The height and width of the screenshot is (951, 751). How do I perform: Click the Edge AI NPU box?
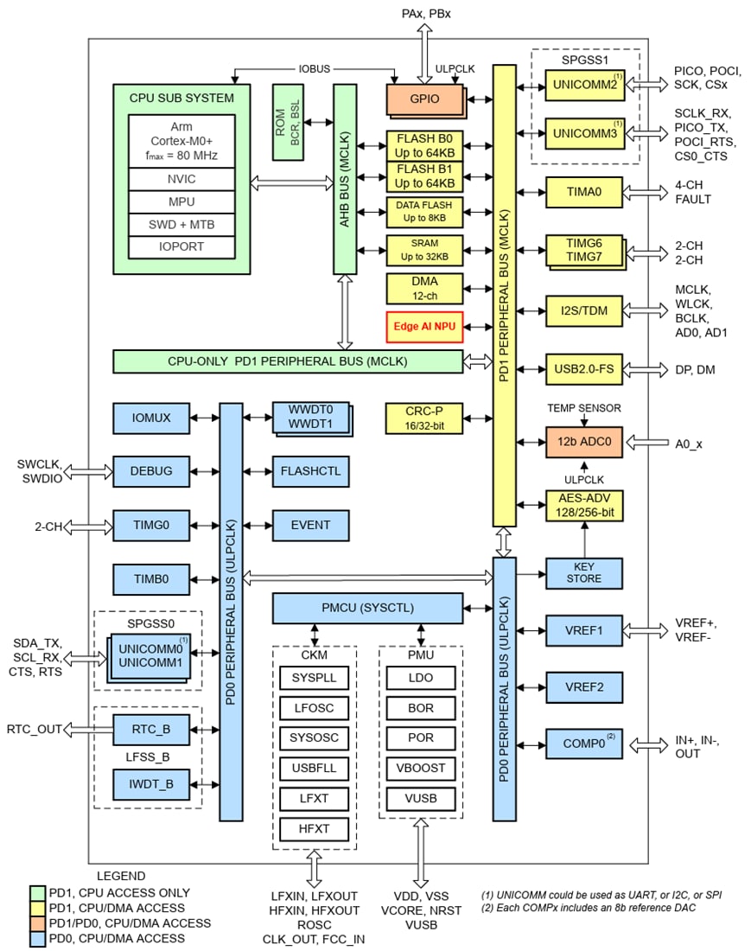tap(425, 327)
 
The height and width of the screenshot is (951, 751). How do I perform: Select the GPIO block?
tap(423, 99)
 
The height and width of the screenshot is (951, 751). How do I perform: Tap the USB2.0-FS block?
tap(583, 369)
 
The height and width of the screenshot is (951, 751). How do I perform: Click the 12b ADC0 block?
tap(583, 442)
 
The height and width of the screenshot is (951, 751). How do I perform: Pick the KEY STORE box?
tap(583, 572)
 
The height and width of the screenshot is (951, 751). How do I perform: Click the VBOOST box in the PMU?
tap(420, 768)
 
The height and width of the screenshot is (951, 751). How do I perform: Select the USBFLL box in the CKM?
tap(313, 768)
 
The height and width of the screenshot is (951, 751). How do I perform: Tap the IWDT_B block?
tap(151, 784)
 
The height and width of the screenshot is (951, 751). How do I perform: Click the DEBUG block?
tap(151, 471)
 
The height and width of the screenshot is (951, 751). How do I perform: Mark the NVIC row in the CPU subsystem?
tap(181, 179)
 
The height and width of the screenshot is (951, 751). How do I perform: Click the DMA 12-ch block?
tap(425, 288)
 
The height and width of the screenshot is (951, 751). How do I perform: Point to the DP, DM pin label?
tap(694, 369)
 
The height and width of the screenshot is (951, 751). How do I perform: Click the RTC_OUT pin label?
tap(35, 729)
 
